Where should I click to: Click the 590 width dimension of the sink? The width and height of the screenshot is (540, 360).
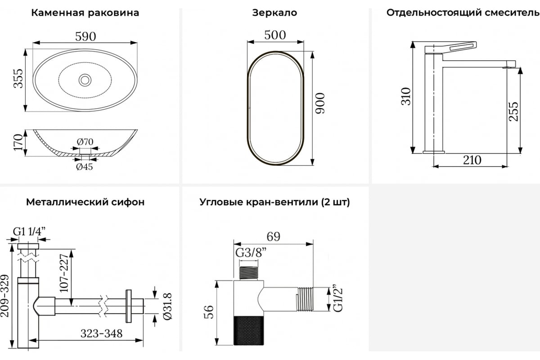[85, 36]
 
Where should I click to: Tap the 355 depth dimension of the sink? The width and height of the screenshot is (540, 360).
[18, 79]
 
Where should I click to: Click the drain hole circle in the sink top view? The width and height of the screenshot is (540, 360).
[85, 80]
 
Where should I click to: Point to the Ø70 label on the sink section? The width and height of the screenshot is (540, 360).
[85, 142]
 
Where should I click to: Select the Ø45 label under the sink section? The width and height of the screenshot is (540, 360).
[85, 166]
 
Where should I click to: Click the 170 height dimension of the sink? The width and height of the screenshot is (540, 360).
[18, 143]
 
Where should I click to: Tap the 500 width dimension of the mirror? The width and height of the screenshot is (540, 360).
[275, 35]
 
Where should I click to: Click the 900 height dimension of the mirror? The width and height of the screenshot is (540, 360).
[320, 103]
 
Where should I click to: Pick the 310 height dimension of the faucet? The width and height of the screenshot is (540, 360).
[406, 96]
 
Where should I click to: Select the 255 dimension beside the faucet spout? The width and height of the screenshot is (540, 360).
[513, 112]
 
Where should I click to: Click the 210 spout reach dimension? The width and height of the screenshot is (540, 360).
[472, 160]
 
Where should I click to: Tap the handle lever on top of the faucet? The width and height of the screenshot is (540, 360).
[450, 47]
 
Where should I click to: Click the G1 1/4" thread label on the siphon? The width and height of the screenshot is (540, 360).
[29, 232]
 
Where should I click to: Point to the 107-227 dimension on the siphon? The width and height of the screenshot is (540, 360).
[64, 273]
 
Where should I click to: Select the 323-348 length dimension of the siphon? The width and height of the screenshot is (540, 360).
[102, 333]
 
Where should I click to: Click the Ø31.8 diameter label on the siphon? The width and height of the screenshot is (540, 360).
[167, 306]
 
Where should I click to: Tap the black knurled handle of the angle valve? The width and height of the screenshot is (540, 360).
[248, 330]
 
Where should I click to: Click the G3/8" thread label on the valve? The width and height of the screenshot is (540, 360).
[251, 253]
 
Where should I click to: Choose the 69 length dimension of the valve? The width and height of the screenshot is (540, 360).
[274, 237]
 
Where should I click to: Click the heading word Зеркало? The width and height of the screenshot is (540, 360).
[274, 13]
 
